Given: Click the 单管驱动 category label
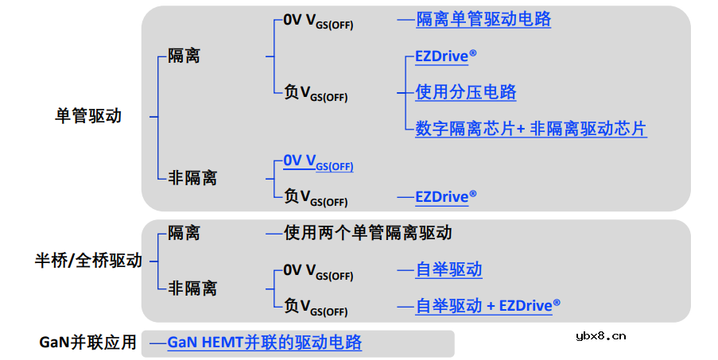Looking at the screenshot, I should coord(88,116).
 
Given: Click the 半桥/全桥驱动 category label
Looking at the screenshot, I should coord(88,260).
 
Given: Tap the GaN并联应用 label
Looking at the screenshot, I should coord(88,343).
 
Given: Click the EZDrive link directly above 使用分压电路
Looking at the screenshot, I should coord(445,57).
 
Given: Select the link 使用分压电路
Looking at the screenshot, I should coord(466,92).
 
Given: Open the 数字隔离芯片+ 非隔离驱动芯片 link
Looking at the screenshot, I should coord(530,128).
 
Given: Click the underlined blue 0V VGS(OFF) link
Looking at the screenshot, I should coord(318,162).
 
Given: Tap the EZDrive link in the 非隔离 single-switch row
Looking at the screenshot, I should coord(445,195).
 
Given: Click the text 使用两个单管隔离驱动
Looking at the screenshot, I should coord(368,233).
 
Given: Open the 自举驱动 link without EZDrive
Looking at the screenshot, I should coord(448,269).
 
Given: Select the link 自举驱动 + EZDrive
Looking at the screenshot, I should coord(487,305).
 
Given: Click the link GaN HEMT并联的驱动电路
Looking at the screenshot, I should coord(264,343).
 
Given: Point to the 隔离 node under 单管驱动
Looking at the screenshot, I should coord(184,56).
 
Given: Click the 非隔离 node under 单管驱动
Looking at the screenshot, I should coord(192,177).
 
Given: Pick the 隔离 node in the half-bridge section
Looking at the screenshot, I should coord(184,233).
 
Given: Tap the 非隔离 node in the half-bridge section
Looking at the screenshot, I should coord(192,288).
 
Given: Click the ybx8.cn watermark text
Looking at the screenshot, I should coord(600,335).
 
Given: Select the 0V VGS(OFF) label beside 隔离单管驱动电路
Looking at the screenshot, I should coord(318,22).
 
